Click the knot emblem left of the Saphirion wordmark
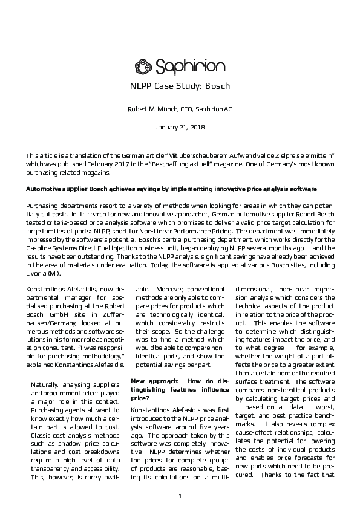[145, 65]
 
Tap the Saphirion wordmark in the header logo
[190, 66]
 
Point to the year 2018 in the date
[197, 128]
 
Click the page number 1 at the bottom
[180, 496]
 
